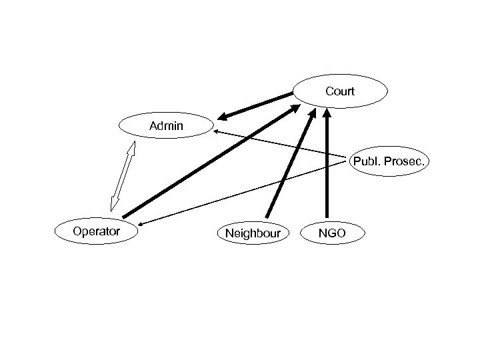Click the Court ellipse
tap(340, 91)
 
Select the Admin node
tap(166, 125)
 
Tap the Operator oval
tap(97, 231)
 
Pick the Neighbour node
tap(253, 233)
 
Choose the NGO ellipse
tap(332, 233)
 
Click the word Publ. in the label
tap(367, 161)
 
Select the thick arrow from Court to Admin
tap(257, 106)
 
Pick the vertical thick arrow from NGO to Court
tap(327, 167)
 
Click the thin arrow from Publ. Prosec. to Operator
tap(247, 193)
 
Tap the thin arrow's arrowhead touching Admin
tap(217, 132)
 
